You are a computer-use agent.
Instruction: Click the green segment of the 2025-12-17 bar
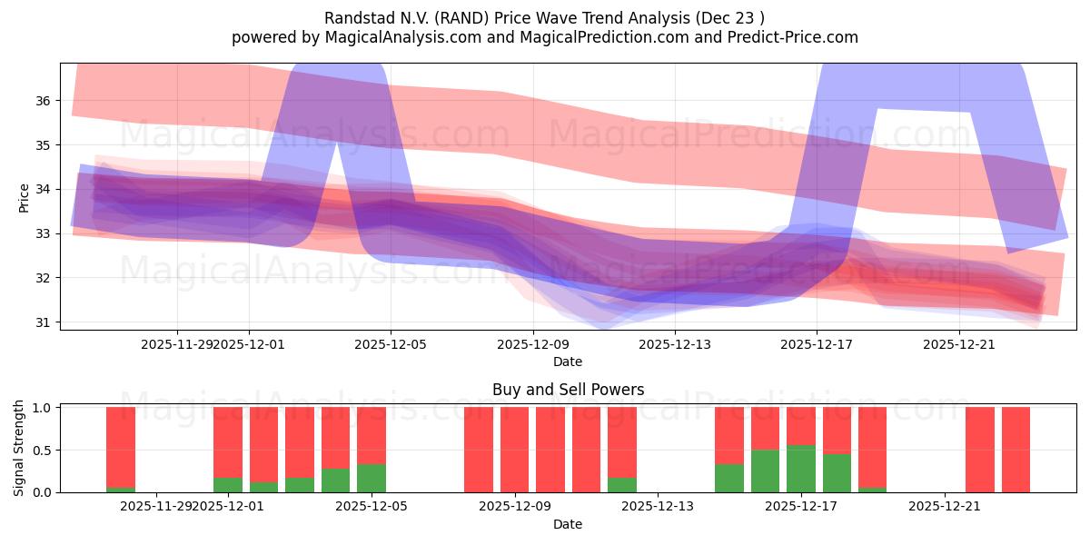(x=801, y=469)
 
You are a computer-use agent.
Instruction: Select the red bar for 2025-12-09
(x=514, y=450)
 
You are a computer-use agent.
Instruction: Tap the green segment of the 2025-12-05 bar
(x=372, y=478)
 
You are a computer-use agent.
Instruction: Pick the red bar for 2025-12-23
(x=1016, y=450)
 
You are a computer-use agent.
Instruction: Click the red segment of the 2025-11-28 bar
(x=121, y=447)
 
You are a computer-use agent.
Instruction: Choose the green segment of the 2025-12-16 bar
(x=765, y=471)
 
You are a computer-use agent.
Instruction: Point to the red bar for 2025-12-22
(x=980, y=450)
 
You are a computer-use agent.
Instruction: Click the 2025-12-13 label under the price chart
(x=675, y=344)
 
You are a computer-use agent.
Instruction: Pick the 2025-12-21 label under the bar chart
(x=946, y=506)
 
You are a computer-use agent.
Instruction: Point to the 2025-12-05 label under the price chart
(x=391, y=344)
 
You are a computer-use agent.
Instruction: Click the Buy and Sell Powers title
(x=568, y=390)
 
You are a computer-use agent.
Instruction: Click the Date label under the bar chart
(x=568, y=524)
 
